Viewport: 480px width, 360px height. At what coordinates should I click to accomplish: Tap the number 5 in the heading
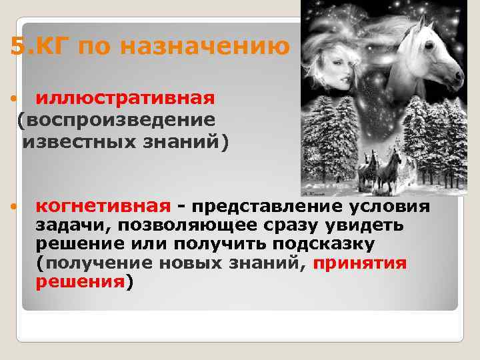click(x=19, y=47)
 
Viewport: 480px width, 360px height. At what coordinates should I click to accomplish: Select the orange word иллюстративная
click(x=125, y=99)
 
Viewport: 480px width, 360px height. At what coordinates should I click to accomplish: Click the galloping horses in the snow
click(x=381, y=169)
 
